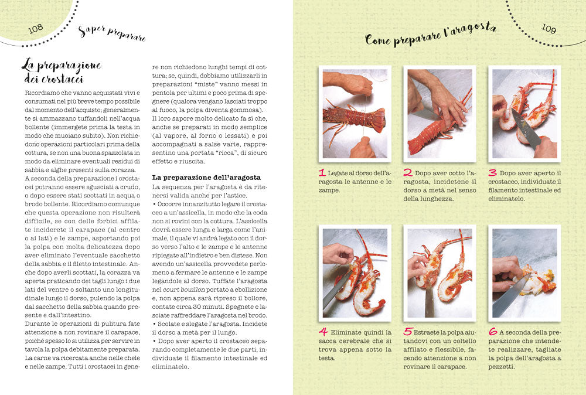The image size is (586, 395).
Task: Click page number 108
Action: point(36,29)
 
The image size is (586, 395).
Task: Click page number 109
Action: point(548,28)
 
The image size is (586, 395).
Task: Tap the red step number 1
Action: point(322,173)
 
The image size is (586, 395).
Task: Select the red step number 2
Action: point(408,173)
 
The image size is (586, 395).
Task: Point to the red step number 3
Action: point(493,173)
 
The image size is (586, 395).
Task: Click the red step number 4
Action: point(323,332)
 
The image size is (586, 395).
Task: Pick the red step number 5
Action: point(408,332)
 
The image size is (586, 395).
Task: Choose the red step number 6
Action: point(493,332)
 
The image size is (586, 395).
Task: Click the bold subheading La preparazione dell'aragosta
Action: point(206,178)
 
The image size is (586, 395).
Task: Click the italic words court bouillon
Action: point(184,290)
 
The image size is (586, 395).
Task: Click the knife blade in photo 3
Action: point(526,130)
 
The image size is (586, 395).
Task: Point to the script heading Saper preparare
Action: point(112,33)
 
